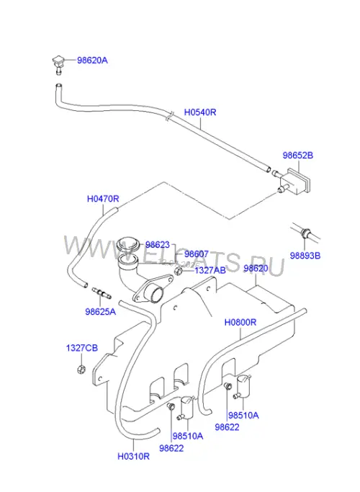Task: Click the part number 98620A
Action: pos(92,61)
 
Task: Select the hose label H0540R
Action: pos(200,112)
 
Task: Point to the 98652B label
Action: pos(298,156)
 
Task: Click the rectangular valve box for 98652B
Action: pos(294,182)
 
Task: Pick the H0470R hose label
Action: pos(103,199)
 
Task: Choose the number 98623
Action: pos(158,245)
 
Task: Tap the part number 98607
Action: pos(197,254)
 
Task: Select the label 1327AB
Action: pos(210,270)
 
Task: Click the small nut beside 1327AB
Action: pos(179,271)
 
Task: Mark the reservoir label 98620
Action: pos(256,269)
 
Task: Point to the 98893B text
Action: pos(305,256)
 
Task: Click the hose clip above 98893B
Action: pos(305,233)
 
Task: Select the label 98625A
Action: pos(100,312)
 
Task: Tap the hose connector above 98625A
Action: pos(102,292)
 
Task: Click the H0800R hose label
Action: pos(240,323)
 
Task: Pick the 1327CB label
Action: pos(82,349)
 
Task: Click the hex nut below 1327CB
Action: pos(81,369)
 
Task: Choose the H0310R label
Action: pos(134,457)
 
